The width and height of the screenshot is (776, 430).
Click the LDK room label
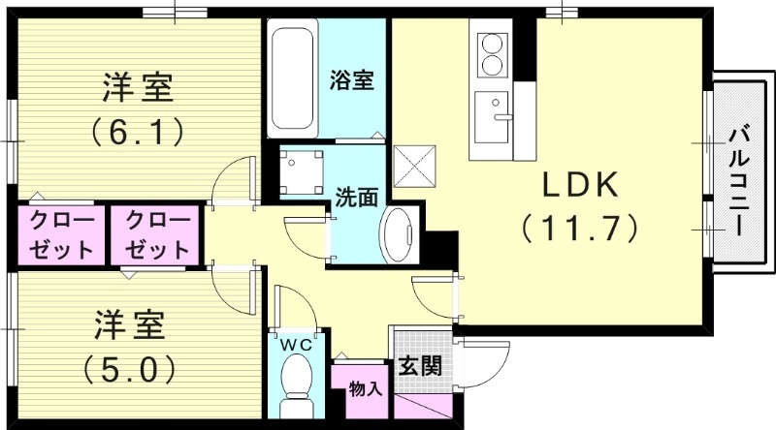click(579, 184)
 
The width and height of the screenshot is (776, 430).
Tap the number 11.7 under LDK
click(579, 229)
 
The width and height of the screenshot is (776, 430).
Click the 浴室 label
click(351, 81)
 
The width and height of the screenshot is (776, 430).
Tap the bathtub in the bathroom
click(293, 81)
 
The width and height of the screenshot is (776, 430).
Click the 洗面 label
click(356, 197)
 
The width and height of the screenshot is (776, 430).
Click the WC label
click(295, 344)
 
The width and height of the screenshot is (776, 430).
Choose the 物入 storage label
click(365, 389)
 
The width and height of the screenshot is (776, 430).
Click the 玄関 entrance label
click(420, 366)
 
